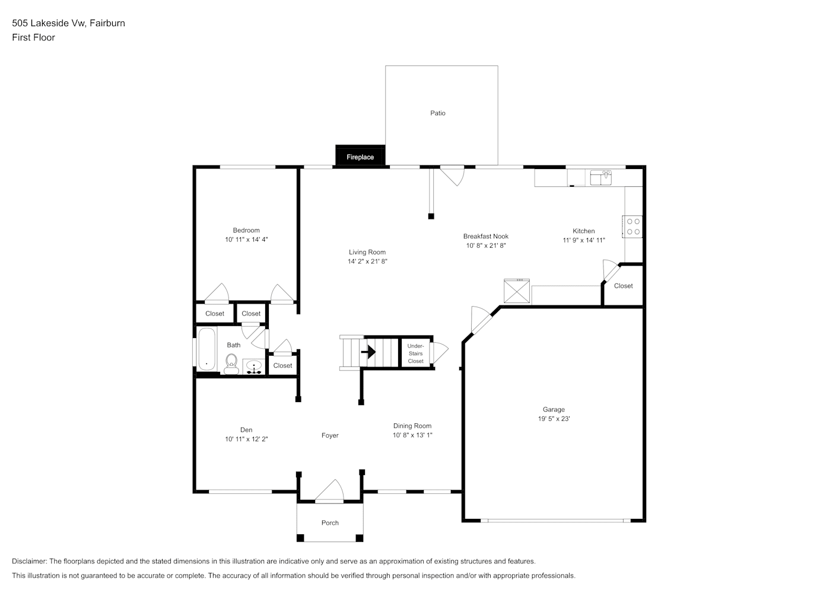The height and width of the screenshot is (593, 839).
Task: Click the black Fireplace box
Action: [x=360, y=155]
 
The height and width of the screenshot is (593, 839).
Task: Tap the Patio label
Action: [x=437, y=113]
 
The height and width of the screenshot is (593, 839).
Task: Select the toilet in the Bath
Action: [x=231, y=364]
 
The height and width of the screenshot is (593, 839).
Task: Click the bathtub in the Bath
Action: [x=206, y=349]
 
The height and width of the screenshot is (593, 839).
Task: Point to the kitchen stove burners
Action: [x=633, y=227]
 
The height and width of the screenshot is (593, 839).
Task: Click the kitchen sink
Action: [x=601, y=178]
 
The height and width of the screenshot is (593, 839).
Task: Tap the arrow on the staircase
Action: [x=368, y=352]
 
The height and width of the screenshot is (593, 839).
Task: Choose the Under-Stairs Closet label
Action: [x=415, y=353]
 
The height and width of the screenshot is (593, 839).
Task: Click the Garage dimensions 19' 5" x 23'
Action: [x=554, y=419]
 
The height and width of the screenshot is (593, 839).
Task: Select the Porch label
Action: [x=330, y=522]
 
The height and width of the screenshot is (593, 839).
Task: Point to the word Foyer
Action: [x=330, y=435]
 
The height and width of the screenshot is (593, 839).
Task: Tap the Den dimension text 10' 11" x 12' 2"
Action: [x=246, y=439]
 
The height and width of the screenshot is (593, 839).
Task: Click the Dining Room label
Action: [x=412, y=426]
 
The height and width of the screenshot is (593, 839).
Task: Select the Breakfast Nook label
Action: [x=486, y=236]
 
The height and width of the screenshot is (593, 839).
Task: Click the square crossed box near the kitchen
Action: [x=516, y=291]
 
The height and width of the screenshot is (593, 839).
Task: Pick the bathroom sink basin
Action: [x=254, y=365]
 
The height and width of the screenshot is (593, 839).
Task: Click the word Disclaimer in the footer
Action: [x=29, y=561]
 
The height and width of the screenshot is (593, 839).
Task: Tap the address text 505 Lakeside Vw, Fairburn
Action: [x=69, y=23]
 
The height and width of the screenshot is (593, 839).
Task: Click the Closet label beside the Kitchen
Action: [x=623, y=286]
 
